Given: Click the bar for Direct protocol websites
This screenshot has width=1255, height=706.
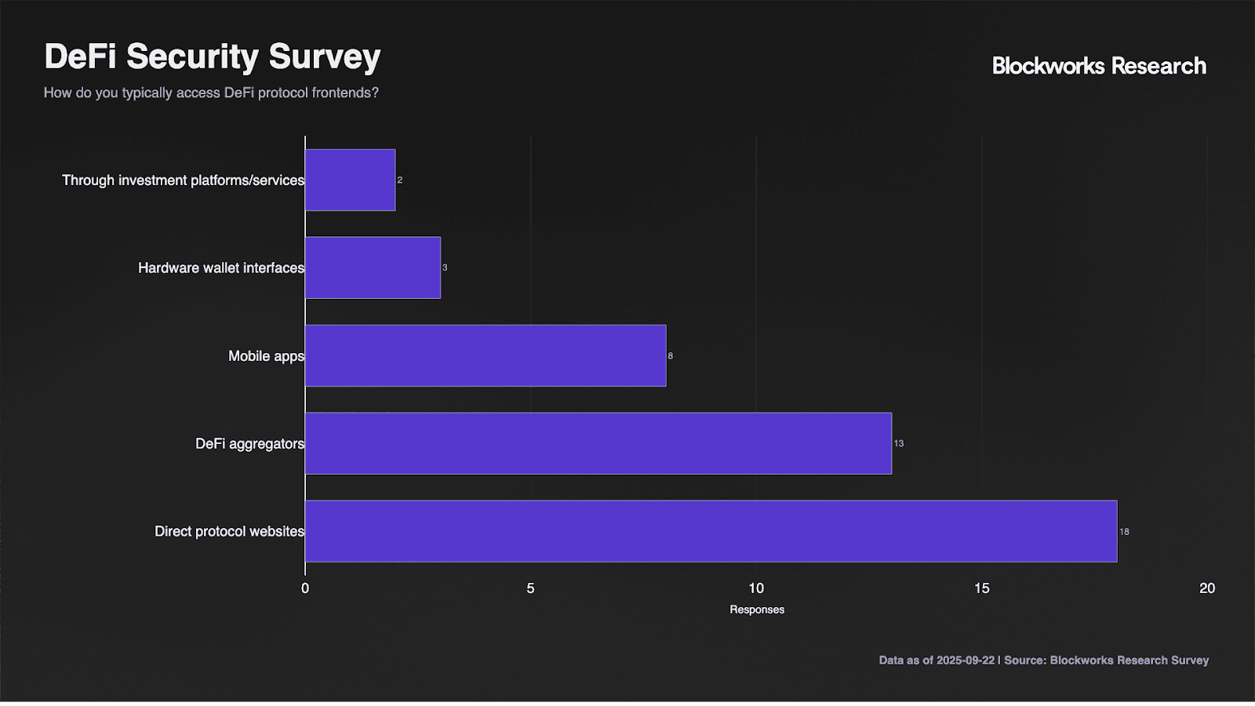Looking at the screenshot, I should (x=711, y=531).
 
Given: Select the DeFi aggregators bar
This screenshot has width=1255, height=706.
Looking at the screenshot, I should (x=598, y=443).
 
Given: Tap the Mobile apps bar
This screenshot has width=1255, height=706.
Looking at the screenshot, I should (x=486, y=355).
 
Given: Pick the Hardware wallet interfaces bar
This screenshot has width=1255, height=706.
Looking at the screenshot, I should (x=373, y=267).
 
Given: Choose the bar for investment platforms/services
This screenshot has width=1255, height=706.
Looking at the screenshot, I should (x=350, y=180).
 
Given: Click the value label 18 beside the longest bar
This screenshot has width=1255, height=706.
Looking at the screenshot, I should (x=1124, y=532).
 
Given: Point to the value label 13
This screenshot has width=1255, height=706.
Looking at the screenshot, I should (x=899, y=444).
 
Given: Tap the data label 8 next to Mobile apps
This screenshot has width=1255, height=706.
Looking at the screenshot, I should (x=671, y=356).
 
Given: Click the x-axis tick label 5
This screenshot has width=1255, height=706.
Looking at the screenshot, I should (x=531, y=588).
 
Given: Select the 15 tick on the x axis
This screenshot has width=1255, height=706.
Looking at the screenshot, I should (x=982, y=588).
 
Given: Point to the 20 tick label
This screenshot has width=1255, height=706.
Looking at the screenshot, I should (x=1207, y=588).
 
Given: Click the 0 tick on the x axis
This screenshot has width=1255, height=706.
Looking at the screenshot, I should (x=305, y=588).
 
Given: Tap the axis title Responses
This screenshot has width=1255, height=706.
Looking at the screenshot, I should (x=757, y=610).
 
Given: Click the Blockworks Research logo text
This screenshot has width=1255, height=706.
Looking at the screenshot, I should (x=1099, y=66).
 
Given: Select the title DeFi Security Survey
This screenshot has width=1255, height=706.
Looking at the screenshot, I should (x=213, y=56).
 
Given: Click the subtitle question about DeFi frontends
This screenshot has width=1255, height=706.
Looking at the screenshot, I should (x=211, y=93).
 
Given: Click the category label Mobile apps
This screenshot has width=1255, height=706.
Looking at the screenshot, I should (x=266, y=356).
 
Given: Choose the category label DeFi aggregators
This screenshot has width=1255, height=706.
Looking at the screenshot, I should (x=249, y=444).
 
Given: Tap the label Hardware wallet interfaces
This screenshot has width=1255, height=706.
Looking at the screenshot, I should (x=221, y=268).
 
